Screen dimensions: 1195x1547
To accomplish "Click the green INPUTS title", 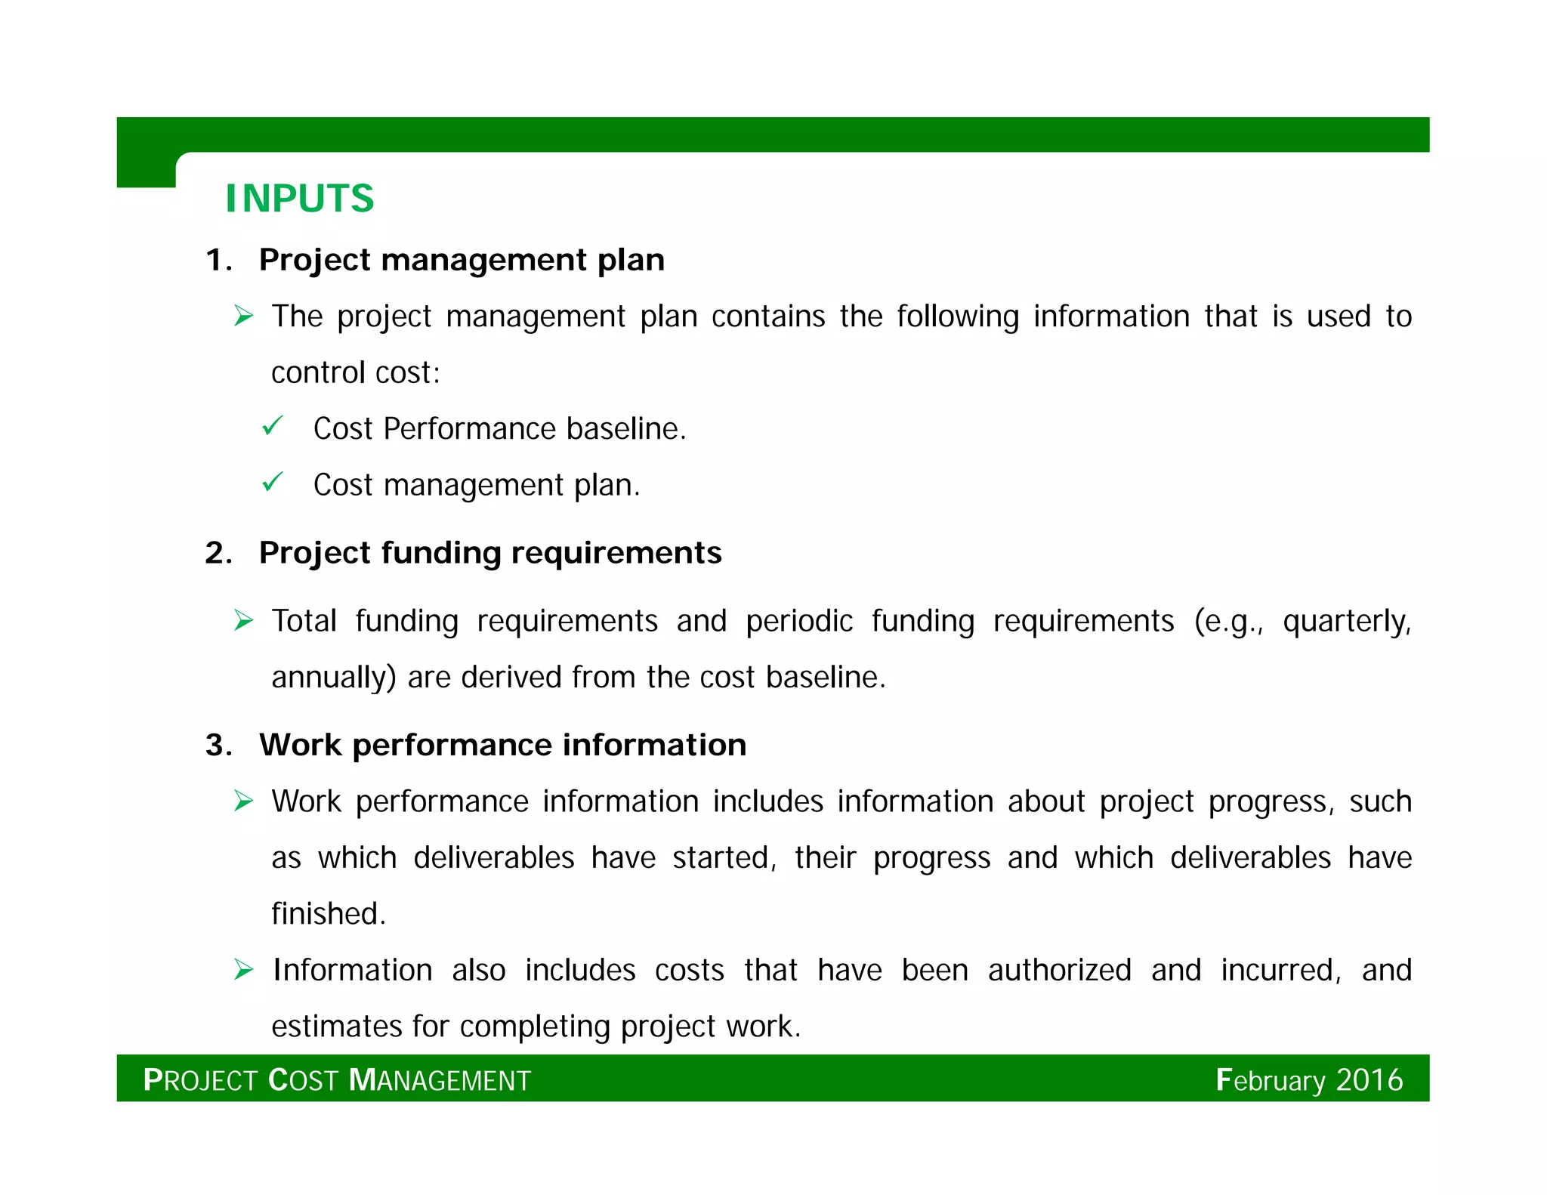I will tap(299, 199).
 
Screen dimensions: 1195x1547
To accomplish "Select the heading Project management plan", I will tap(461, 260).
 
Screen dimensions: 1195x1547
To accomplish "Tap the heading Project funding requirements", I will tap(489, 553).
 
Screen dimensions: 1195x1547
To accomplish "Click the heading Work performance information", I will tap(502, 745).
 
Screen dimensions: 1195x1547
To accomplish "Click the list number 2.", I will tap(217, 554).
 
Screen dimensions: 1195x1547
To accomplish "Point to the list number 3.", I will tap(217, 746).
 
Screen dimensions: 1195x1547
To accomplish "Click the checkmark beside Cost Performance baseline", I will tap(272, 426).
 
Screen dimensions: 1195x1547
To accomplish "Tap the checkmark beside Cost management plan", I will tap(272, 482).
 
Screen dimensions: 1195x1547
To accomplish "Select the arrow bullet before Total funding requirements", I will tap(243, 621).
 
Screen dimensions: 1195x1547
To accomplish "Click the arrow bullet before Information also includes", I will tap(243, 969).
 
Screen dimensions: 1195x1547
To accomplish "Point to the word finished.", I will tap(328, 914).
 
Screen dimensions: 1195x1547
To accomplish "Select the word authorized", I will tap(1059, 970).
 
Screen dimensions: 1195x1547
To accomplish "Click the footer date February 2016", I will tap(1309, 1080).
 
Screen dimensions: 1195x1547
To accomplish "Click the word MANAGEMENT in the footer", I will tap(440, 1080).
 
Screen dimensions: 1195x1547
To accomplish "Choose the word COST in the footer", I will tap(303, 1080).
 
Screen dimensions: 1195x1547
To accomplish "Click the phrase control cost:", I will tap(355, 372).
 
